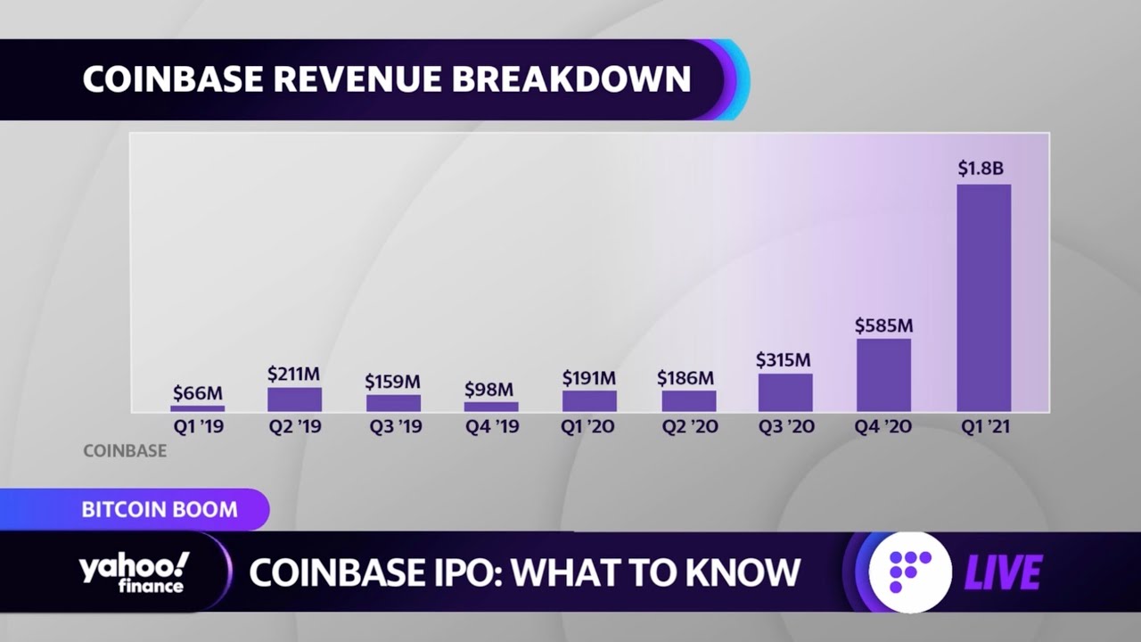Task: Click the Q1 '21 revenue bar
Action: click(x=983, y=298)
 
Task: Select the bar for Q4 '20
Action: click(x=883, y=374)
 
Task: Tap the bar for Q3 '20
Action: click(x=785, y=392)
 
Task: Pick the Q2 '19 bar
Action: click(x=294, y=399)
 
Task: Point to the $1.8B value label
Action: click(x=981, y=168)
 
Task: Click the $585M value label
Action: click(x=883, y=325)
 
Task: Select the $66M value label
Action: click(x=198, y=392)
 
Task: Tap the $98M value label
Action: click(x=489, y=390)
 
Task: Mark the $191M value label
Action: click(x=588, y=378)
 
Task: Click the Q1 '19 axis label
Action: click(x=198, y=427)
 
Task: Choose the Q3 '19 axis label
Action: click(x=395, y=427)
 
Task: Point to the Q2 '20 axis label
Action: click(x=689, y=427)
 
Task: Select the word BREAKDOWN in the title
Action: click(x=571, y=79)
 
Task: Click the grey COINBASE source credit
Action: click(x=125, y=451)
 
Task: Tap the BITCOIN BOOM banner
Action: click(x=160, y=510)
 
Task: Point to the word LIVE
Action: click(x=1003, y=572)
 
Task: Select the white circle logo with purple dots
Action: click(x=909, y=572)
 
